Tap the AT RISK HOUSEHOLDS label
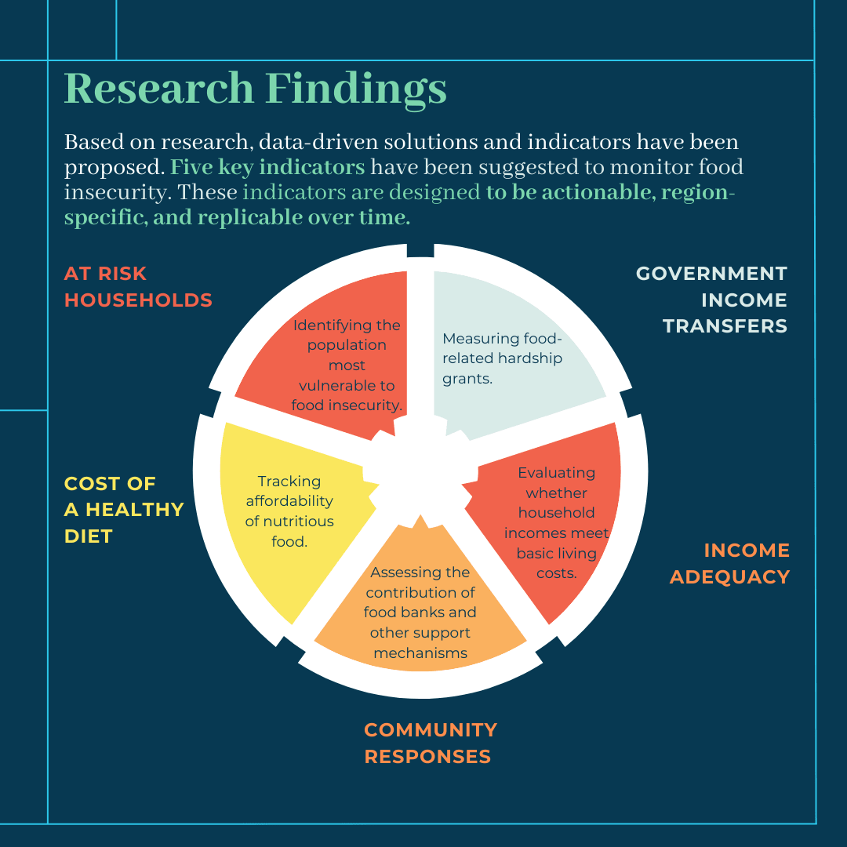138,287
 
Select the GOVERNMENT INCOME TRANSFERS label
711,300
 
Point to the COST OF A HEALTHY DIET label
124,510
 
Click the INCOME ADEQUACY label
730,563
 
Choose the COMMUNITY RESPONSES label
431,743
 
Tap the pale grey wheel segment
507,351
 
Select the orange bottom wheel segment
420,605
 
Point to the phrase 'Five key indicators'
267,167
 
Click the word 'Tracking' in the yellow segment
289,481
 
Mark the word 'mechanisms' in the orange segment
420,653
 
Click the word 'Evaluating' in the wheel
556,473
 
